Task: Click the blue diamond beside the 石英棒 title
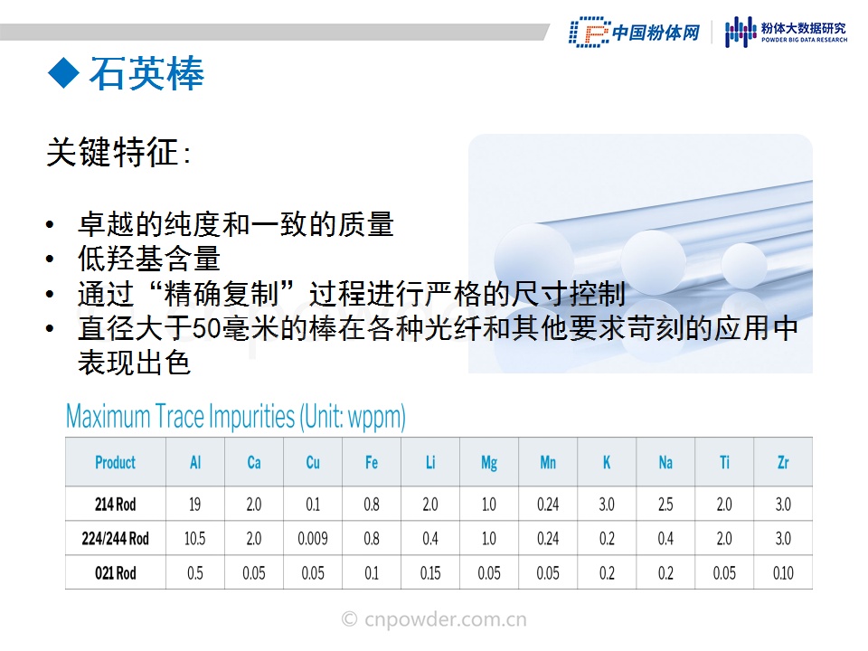[x=63, y=73]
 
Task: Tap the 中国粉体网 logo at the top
[x=635, y=33]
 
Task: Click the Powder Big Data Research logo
[x=786, y=33]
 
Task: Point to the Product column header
[x=115, y=462]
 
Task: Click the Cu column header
[x=313, y=462]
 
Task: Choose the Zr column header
[x=783, y=462]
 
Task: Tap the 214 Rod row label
[x=115, y=505]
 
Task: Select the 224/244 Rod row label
[x=115, y=538]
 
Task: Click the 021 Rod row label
[x=115, y=573]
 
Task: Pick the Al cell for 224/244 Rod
[x=195, y=538]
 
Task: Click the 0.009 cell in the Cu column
[x=313, y=538]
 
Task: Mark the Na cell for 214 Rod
[x=665, y=505]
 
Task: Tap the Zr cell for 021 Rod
[x=783, y=573]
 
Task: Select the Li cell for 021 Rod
[x=430, y=573]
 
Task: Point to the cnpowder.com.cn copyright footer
[x=434, y=618]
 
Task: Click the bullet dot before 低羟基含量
[x=51, y=259]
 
